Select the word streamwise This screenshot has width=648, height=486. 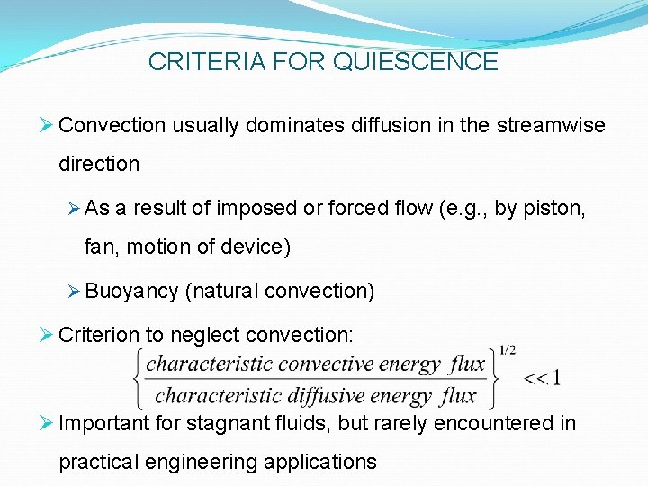click(550, 125)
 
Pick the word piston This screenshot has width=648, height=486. click(555, 208)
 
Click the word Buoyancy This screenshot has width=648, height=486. click(132, 291)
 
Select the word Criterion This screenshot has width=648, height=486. click(99, 335)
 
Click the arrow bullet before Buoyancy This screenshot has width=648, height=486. click(75, 291)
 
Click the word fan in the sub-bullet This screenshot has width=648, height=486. click(98, 246)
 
